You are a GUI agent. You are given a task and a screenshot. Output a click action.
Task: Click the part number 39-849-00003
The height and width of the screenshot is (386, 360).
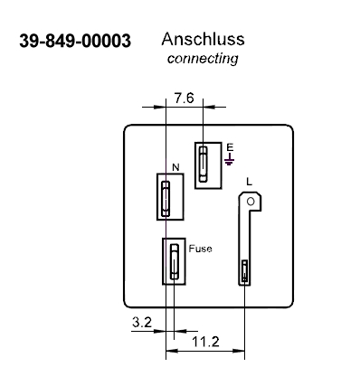coord(74,42)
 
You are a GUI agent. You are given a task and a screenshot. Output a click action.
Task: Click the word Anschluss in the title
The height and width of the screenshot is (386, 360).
coord(203,41)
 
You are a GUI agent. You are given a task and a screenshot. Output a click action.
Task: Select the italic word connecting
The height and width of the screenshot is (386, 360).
coord(203,59)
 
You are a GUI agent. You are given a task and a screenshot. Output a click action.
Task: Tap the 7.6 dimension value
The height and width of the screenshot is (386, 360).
coord(184,99)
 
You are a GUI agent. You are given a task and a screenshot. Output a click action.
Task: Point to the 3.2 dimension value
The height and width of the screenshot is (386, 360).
coord(141,321)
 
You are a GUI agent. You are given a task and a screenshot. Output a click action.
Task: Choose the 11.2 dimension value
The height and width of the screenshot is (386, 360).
coord(204,341)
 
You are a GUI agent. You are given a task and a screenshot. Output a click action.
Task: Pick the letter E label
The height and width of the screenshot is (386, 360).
coord(230,146)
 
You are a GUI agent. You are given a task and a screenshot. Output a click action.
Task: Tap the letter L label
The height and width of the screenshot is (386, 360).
coord(250,182)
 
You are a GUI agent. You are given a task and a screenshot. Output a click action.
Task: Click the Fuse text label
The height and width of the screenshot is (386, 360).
coord(201,248)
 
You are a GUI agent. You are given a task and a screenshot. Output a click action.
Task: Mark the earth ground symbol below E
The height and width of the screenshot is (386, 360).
coord(230,160)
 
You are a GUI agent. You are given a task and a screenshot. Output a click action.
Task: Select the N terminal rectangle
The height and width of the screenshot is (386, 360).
coord(168,194)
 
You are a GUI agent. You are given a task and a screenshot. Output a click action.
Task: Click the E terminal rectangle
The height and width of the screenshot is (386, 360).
coord(207,165)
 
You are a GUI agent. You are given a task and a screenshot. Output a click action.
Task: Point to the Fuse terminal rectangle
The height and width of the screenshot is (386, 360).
coord(175,261)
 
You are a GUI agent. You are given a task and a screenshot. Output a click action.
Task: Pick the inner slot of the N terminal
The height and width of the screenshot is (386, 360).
coord(166,196)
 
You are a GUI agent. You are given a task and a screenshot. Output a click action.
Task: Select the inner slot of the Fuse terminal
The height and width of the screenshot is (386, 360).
coord(175,263)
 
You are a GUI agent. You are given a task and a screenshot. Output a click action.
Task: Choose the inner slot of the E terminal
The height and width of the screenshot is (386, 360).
coord(206,165)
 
